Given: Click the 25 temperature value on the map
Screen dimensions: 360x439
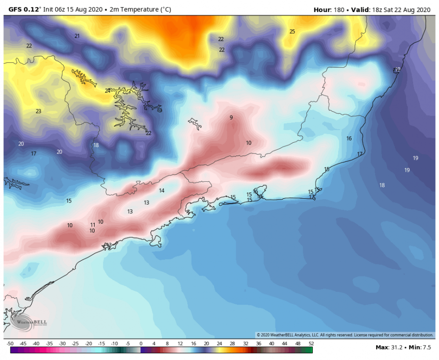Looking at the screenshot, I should point(292,32).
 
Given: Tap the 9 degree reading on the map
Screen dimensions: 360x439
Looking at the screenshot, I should point(231,118).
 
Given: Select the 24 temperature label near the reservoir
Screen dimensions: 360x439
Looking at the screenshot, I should point(108,91).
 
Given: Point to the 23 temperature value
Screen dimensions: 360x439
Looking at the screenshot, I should point(38,111).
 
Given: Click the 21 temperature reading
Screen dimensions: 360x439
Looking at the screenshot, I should point(77,36).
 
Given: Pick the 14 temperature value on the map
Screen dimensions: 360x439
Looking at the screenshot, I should point(162,191).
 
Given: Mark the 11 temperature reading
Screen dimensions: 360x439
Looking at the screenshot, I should point(93,225).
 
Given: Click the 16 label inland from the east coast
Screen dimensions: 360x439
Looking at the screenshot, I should point(349,138).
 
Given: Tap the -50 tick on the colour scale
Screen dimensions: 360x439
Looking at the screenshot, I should point(10,344).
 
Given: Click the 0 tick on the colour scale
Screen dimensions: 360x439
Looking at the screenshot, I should point(141,344).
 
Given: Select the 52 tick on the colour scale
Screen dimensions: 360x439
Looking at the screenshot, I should point(311,344).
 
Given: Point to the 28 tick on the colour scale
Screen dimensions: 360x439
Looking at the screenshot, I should point(232,344).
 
